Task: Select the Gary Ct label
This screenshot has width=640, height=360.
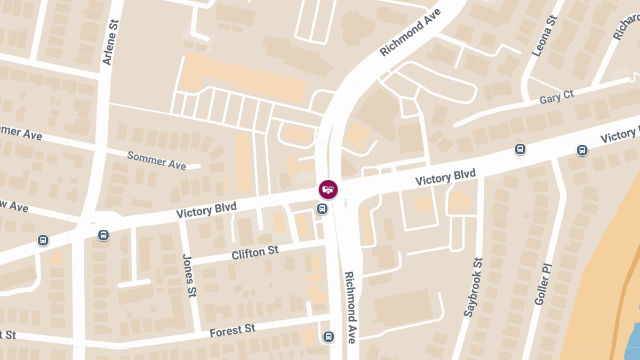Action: coord(556,97)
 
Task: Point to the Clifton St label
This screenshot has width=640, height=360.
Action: coord(255,252)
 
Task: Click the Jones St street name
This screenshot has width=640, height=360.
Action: coord(188,275)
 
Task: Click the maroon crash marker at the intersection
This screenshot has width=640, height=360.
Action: coord(329,189)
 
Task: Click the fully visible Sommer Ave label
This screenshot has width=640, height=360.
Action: coord(156,160)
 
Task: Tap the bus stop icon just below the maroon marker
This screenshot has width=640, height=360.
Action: coord(322,209)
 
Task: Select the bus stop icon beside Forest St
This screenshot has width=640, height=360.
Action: coord(329,337)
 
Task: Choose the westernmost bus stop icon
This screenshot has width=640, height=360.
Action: coord(43,241)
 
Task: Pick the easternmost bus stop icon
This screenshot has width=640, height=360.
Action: coord(582,150)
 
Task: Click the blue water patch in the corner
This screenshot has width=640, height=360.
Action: coord(633,341)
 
